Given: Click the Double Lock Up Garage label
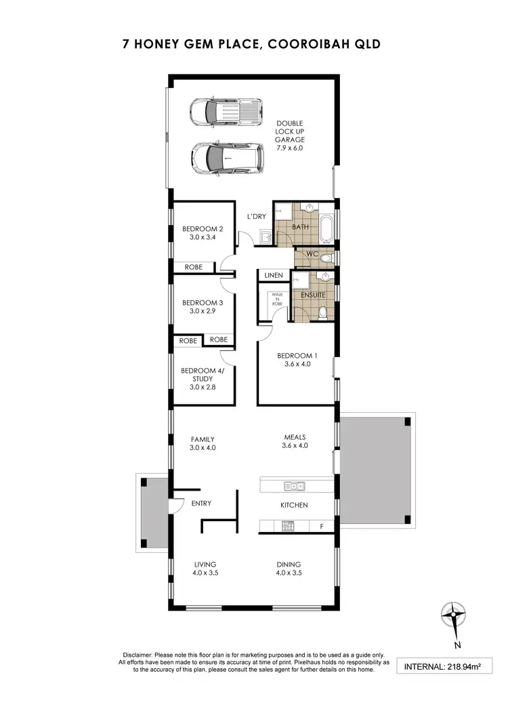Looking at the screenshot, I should (x=290, y=135).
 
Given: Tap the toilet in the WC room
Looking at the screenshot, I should (x=326, y=258).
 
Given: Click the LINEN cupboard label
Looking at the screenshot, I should (x=274, y=276).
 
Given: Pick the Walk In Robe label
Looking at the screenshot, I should (x=276, y=300).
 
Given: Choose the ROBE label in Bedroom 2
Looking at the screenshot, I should (x=194, y=267).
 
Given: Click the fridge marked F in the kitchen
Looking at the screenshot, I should (x=321, y=527).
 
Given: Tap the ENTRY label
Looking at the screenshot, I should (x=201, y=503).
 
